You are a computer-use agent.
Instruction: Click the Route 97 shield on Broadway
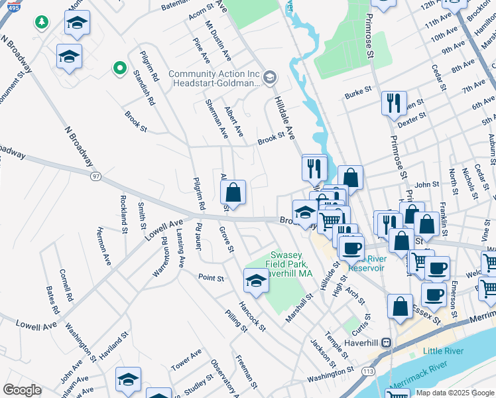point(97,176)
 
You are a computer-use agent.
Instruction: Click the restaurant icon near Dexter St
point(394,104)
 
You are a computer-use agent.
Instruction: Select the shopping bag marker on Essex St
point(400,306)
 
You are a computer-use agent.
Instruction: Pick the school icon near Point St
point(256,281)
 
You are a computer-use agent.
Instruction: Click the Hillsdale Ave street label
point(284,117)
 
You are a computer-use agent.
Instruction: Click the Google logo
point(22,390)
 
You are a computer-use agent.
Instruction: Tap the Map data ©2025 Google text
point(455,393)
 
